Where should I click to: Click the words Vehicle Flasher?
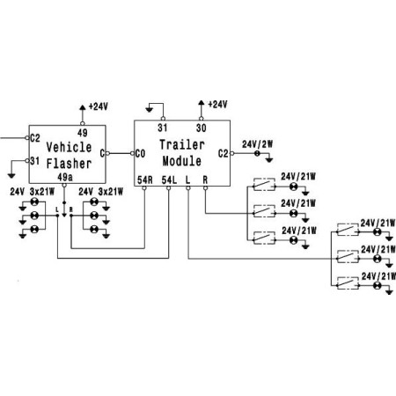tap(68, 155)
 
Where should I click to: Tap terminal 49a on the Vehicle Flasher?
tap(65, 177)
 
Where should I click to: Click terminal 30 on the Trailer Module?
tap(202, 128)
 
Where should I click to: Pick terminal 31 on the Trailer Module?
tap(163, 128)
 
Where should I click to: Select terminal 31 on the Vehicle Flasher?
tap(35, 160)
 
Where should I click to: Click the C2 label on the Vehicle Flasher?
tap(35, 138)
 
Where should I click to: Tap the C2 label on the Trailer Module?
tap(223, 152)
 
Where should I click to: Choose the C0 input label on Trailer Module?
tap(139, 153)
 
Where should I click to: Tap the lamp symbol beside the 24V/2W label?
tap(257, 154)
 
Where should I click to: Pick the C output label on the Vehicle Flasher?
tap(105, 153)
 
